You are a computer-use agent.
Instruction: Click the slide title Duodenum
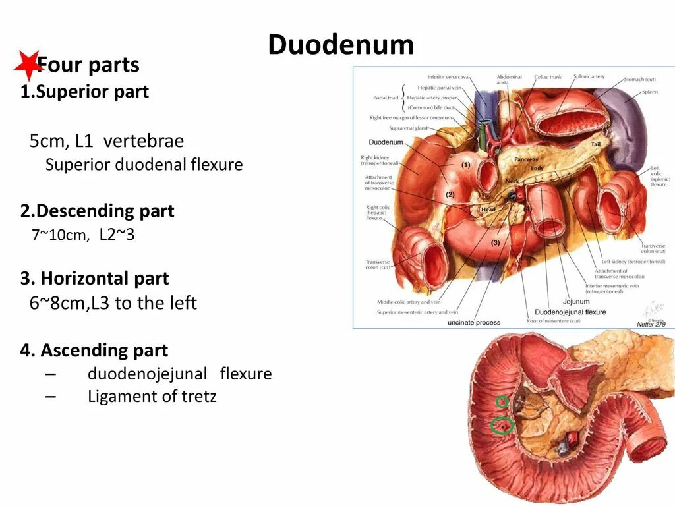[341, 45]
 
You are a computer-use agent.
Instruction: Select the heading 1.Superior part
[84, 92]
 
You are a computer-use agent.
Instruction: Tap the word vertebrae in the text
[143, 141]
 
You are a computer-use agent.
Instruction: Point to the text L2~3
[117, 234]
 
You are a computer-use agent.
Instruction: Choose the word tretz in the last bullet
[196, 396]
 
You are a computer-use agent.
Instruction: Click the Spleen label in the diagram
[650, 92]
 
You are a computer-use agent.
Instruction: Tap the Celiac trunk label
[548, 77]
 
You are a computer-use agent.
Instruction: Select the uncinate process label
[473, 322]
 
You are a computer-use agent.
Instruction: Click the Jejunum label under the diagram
[558, 302]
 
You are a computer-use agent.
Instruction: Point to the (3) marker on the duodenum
[495, 243]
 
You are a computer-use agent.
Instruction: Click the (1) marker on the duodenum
[465, 165]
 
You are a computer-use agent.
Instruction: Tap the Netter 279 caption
[651, 323]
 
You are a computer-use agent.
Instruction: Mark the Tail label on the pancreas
[595, 144]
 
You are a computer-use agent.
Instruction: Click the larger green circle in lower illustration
[502, 426]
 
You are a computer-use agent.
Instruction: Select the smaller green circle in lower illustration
[502, 401]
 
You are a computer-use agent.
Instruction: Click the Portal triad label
[386, 98]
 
